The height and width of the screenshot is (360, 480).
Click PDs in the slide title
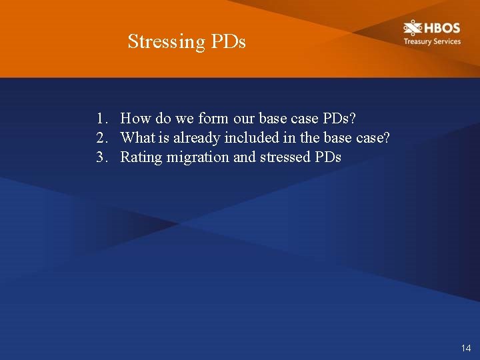pyautogui.click(x=229, y=41)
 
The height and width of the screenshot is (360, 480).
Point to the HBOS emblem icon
pyautogui.click(x=413, y=28)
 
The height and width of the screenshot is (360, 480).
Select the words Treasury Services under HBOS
pyautogui.click(x=431, y=41)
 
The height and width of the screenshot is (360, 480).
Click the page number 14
pyautogui.click(x=465, y=348)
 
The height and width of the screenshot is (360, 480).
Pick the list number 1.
pyautogui.click(x=101, y=119)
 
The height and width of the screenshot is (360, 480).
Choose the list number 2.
pyautogui.click(x=101, y=138)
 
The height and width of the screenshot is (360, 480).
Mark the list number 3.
pyautogui.click(x=101, y=157)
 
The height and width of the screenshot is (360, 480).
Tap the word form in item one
pyautogui.click(x=213, y=119)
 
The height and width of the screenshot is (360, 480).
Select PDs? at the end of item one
pyautogui.click(x=339, y=119)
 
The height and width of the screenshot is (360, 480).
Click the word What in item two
pyautogui.click(x=138, y=138)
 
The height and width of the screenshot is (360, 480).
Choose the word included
pyautogui.click(x=248, y=138)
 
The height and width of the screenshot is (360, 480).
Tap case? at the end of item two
pyautogui.click(x=373, y=138)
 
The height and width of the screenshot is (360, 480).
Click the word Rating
pyautogui.click(x=141, y=157)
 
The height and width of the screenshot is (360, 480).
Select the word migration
pyautogui.click(x=197, y=157)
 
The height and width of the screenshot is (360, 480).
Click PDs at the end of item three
pyautogui.click(x=327, y=157)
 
